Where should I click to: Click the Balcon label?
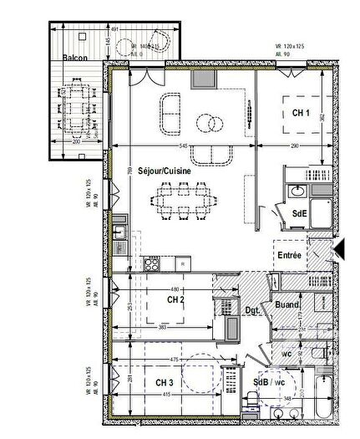coord(76,59)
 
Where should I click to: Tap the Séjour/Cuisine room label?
coord(165,170)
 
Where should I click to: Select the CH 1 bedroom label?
coord(301,113)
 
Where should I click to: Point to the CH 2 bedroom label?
coord(175,299)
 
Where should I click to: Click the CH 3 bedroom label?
coord(165,383)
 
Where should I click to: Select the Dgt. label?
coord(253,313)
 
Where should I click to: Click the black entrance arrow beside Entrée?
coord(338,248)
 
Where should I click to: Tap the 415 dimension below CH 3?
coord(166,394)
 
